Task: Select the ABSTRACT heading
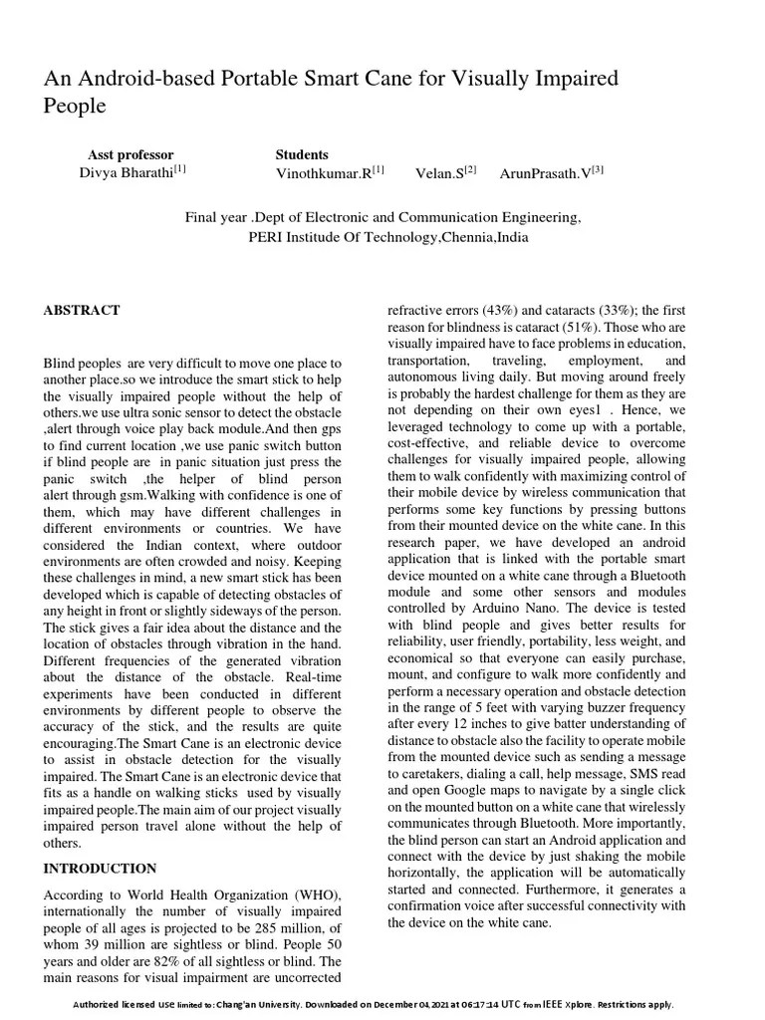point(82,310)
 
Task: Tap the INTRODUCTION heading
point(100,869)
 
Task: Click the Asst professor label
point(130,154)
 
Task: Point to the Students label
point(302,154)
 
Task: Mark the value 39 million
point(109,943)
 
